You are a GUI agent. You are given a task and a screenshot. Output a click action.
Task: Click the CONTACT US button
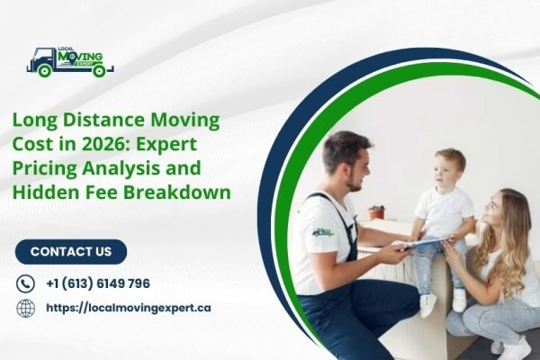[x=71, y=252]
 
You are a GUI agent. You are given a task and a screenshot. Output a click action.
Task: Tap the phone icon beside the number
[x=25, y=283]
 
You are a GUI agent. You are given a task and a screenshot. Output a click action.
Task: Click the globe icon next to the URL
[x=25, y=308]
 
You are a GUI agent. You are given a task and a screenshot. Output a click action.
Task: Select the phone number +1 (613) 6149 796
[x=97, y=283]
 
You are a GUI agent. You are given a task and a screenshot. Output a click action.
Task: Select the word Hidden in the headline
[x=47, y=192]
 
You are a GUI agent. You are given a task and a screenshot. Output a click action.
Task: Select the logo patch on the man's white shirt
[x=322, y=231]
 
